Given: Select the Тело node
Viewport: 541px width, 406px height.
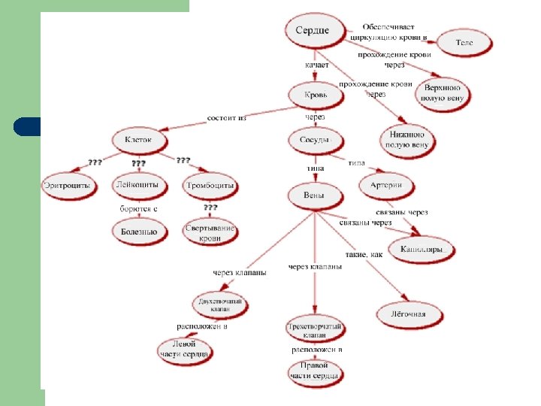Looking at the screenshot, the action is point(464,43).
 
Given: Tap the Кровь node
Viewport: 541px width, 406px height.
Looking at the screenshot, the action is point(316,97).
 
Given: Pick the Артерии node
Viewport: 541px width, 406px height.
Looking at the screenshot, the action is point(386,185).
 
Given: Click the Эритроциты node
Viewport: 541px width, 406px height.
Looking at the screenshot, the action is point(68,184).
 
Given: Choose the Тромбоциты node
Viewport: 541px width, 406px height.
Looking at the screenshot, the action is point(210,184).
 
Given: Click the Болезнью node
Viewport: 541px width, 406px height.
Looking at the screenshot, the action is point(139,232).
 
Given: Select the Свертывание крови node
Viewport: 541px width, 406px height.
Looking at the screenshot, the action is point(210,232).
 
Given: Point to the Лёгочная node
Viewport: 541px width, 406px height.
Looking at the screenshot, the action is point(407,313).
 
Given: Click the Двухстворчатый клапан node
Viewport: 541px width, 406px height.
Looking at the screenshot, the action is point(221,304).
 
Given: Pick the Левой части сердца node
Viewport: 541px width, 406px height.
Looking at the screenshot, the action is point(184,350).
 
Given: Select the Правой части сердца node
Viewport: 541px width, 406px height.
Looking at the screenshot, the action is point(316,371).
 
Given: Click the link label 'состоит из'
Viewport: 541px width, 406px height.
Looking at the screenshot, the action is point(227,117).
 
